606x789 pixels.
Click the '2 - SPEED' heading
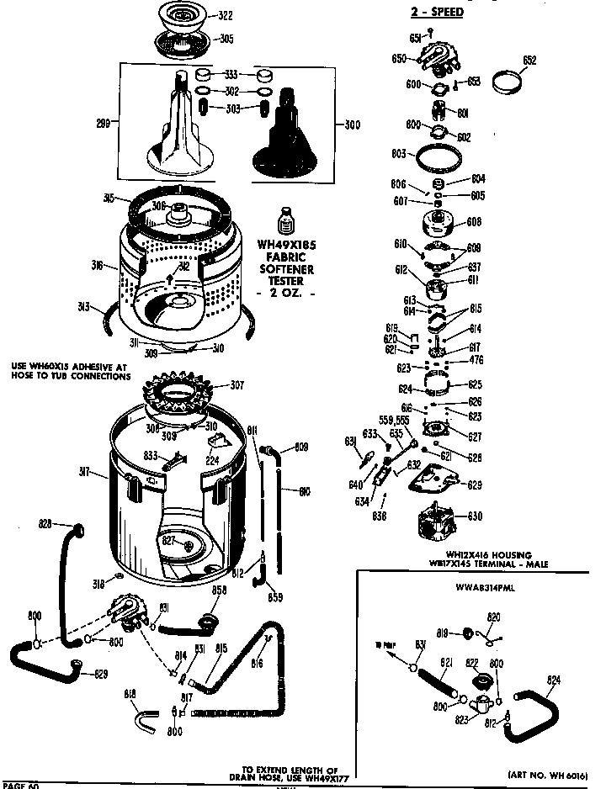tap(435, 13)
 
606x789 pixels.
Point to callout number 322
tap(226, 16)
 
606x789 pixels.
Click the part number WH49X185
tap(286, 246)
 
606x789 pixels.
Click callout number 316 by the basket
tap(98, 266)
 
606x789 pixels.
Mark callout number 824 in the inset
tap(554, 680)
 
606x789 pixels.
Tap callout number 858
tap(219, 591)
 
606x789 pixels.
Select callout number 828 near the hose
tap(47, 523)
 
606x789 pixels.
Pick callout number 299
tap(102, 123)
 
